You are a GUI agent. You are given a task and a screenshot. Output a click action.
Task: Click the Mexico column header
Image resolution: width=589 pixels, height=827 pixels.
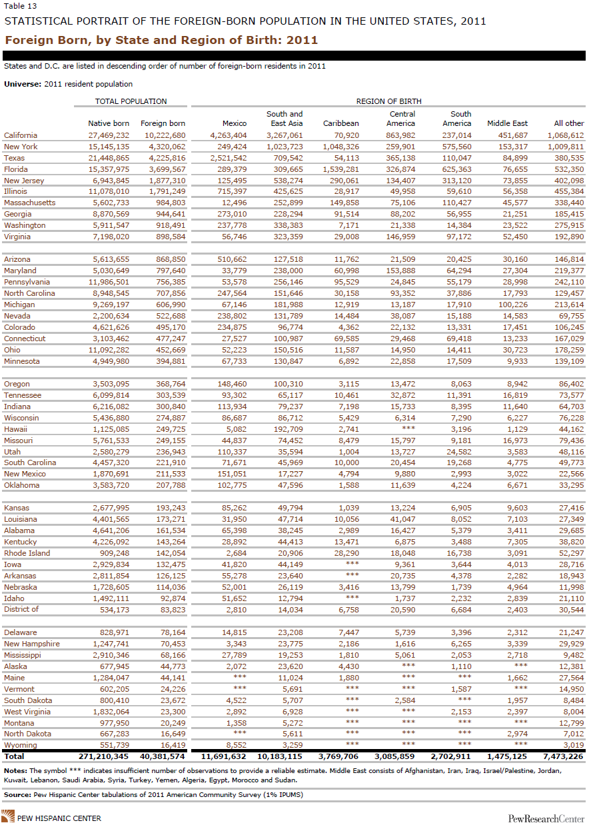tap(235, 123)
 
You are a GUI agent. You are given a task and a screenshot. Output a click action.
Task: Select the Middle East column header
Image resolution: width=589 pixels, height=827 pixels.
tap(508, 123)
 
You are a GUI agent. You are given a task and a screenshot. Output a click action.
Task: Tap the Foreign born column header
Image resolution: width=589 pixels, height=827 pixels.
tap(163, 123)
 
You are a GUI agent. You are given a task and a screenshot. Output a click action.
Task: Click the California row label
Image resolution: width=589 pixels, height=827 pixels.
tap(21, 135)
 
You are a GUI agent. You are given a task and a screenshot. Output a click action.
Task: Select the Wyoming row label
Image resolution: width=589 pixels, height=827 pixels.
tap(21, 745)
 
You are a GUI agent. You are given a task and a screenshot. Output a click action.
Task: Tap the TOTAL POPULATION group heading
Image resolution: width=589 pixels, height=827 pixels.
tap(131, 101)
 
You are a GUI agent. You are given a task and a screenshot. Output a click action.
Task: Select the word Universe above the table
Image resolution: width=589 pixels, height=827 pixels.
tap(21, 84)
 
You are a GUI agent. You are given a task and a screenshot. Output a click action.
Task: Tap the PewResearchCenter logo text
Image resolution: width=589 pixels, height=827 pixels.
tap(546, 818)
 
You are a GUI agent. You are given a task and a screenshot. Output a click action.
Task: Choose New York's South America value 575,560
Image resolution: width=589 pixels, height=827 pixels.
tap(456, 147)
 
